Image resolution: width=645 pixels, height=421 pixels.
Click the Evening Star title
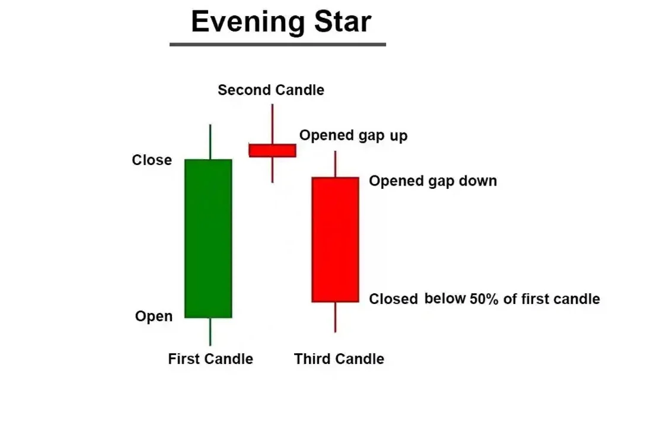click(x=282, y=22)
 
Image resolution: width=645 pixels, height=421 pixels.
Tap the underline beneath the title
click(x=277, y=44)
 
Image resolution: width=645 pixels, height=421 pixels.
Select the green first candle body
click(x=208, y=239)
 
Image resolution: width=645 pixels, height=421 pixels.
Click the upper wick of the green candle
click(x=210, y=142)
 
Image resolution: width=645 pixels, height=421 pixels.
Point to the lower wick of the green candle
click(x=210, y=331)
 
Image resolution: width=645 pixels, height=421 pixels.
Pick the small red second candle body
click(x=272, y=150)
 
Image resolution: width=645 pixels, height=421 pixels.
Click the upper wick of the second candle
click(x=272, y=124)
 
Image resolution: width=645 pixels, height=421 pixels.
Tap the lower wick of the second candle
click(x=272, y=170)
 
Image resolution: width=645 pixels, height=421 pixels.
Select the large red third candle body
click(x=336, y=240)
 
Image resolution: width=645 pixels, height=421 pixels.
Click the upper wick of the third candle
click(x=336, y=164)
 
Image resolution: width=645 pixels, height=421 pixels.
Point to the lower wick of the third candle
click(x=336, y=317)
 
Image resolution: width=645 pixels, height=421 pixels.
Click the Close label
click(x=152, y=160)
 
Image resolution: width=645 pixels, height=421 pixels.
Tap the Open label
click(x=154, y=316)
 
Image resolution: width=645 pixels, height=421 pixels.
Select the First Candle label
click(x=210, y=359)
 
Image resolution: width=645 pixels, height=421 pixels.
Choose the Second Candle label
click(x=271, y=90)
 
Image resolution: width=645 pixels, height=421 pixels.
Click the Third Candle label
click(x=339, y=359)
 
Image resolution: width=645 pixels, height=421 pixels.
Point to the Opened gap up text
click(x=353, y=135)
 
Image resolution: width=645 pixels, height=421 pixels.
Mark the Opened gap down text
click(x=433, y=181)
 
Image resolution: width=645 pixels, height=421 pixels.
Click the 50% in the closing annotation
click(x=484, y=299)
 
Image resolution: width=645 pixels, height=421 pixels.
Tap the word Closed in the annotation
click(x=393, y=299)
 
